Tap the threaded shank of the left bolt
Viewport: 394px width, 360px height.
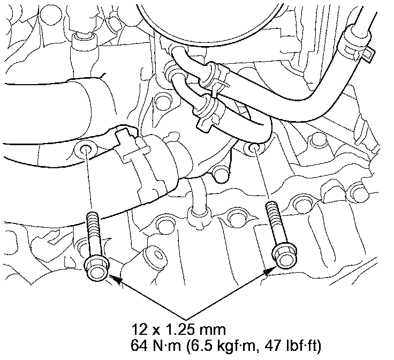(94, 234)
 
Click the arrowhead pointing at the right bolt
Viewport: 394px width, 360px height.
(269, 271)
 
